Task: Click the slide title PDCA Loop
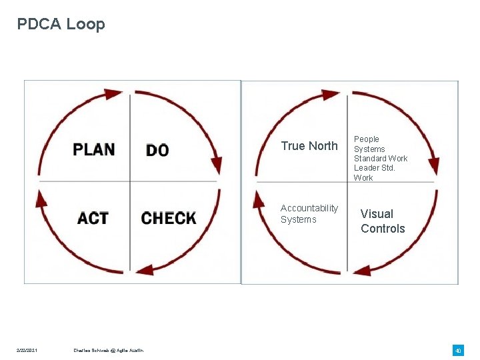coord(61,25)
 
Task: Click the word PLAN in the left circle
coord(94,149)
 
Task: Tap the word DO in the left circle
coord(157,150)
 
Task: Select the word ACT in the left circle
coord(93,218)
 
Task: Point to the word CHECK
coord(169,218)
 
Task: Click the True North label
coord(309,146)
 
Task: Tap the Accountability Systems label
coord(309,214)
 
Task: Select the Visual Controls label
coord(383,221)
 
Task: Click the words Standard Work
coord(381,159)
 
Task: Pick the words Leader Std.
coord(374,168)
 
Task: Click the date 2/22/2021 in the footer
coord(28,351)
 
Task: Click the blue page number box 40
coord(458,351)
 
